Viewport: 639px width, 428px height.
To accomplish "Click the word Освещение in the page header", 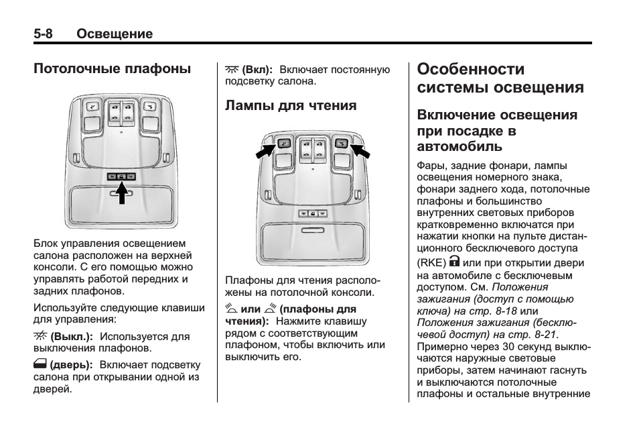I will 115,34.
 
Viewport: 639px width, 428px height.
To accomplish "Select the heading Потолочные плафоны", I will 113,68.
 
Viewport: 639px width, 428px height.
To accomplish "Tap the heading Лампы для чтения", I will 291,105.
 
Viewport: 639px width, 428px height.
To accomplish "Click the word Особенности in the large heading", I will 470,69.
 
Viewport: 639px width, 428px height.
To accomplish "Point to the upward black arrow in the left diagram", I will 121,194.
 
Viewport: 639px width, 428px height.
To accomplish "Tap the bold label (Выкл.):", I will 72,335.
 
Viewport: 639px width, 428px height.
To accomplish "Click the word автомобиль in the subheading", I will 459,146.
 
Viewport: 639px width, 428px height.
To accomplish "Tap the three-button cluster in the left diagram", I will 121,176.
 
